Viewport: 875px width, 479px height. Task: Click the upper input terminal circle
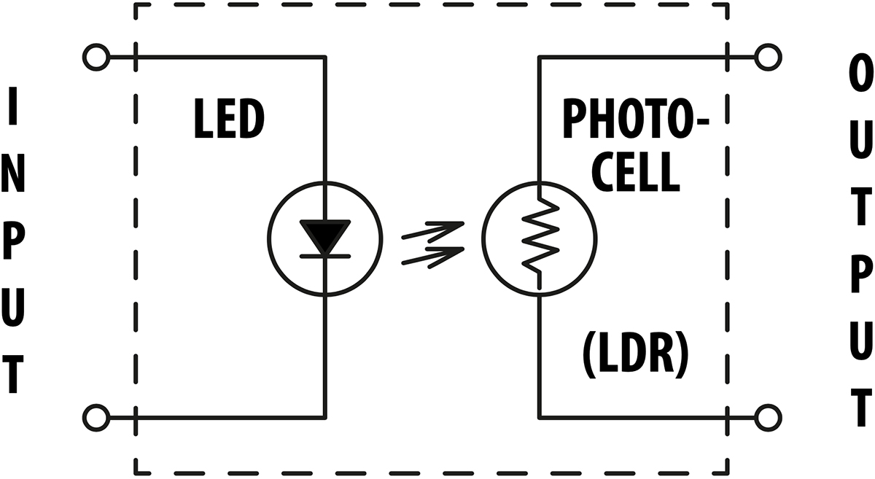96,56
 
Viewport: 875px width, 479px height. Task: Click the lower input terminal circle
96,418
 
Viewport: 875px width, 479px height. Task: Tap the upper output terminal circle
769,56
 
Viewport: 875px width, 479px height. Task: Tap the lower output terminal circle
769,418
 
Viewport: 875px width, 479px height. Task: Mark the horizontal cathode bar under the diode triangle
325,255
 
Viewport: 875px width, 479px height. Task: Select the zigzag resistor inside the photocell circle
540,238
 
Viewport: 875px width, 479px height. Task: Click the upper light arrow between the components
433,231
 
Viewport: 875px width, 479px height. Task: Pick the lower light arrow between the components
433,256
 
